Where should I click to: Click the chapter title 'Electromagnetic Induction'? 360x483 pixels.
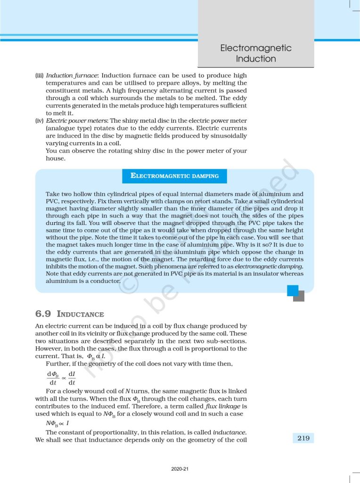coord(256,53)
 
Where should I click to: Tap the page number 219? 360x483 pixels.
coord(303,438)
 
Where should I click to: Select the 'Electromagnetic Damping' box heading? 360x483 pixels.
coord(174,176)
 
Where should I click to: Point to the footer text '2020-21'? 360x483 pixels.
coord(180,469)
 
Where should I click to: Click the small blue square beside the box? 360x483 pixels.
coord(293,290)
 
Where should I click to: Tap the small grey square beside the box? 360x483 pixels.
coord(299,296)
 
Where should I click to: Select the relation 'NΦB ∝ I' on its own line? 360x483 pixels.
coord(57,423)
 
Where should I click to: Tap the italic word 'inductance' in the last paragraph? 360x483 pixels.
coord(229,432)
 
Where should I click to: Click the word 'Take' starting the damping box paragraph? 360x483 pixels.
coord(52,194)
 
